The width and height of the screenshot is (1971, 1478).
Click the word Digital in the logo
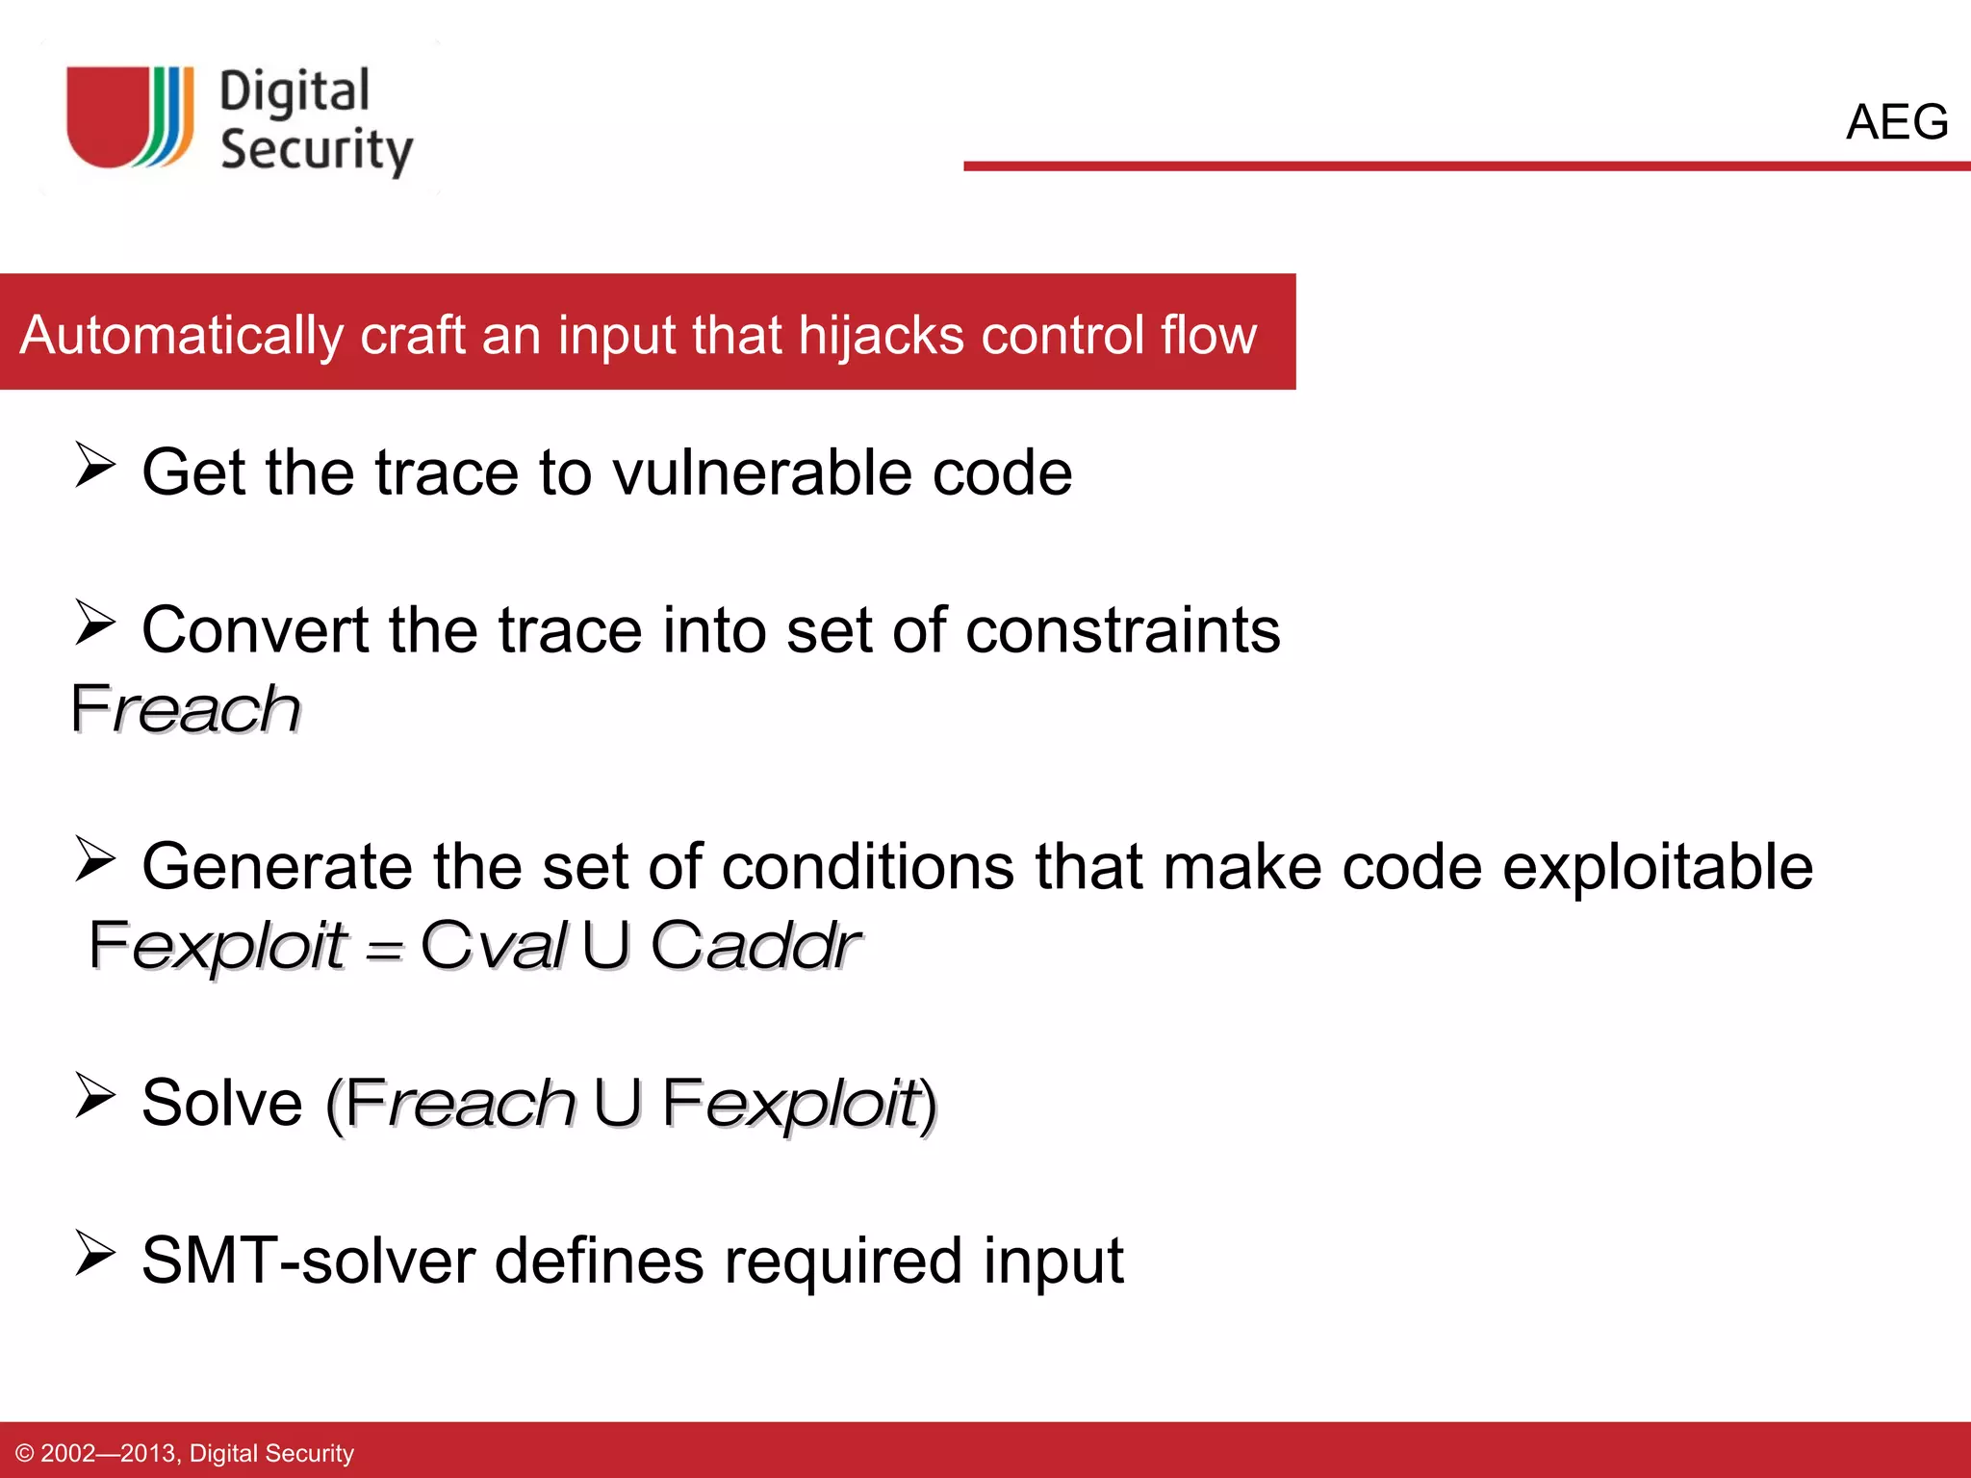click(x=294, y=93)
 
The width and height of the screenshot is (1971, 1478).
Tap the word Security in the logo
click(x=317, y=150)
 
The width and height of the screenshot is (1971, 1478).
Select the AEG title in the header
click(x=1896, y=122)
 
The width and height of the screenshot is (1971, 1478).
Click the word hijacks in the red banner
click(x=881, y=335)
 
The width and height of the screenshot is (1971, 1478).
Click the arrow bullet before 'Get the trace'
click(x=95, y=466)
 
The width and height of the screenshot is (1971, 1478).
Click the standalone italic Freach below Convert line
click(x=186, y=709)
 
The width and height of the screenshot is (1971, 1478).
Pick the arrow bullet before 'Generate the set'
click(x=95, y=859)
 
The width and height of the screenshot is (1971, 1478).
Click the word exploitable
click(x=1657, y=866)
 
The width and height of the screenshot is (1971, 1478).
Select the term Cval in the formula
click(x=494, y=945)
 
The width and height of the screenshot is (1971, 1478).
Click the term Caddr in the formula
click(x=755, y=945)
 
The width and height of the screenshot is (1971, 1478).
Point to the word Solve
click(x=222, y=1103)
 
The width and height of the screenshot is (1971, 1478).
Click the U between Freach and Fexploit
click(x=617, y=1103)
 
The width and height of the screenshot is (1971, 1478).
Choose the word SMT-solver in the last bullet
click(x=308, y=1261)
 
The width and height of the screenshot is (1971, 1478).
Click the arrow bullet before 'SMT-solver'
click(x=95, y=1254)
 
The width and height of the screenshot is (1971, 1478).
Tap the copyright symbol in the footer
click(x=25, y=1453)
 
